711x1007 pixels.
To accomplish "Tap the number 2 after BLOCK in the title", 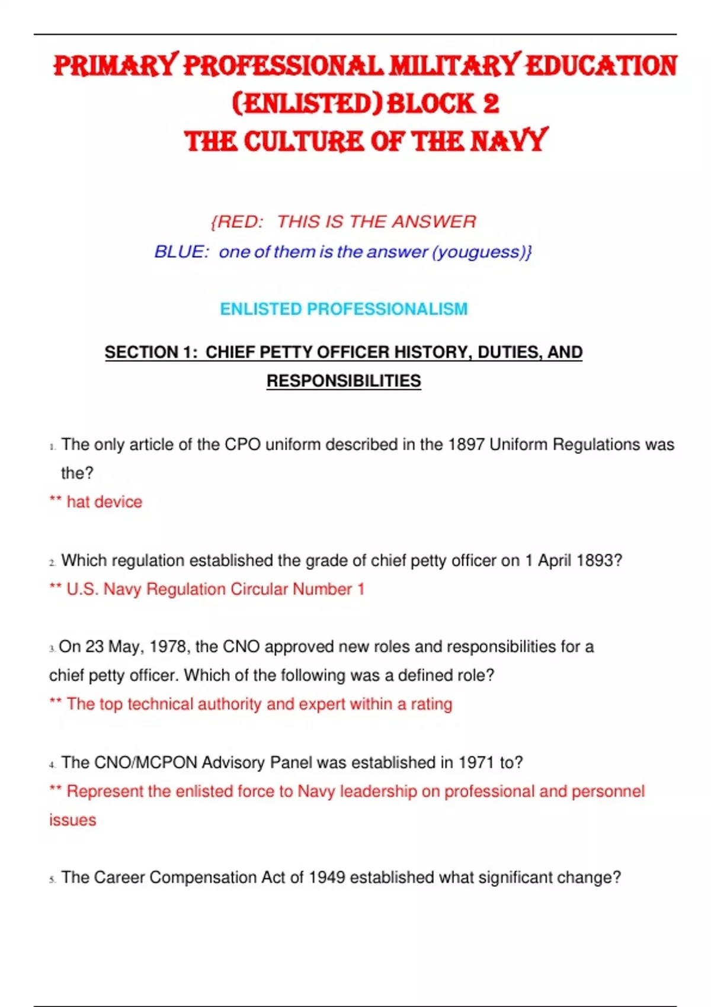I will [x=491, y=104].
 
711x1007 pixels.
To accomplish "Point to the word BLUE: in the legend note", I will [x=181, y=252].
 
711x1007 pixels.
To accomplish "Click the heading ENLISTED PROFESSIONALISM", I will [x=344, y=309].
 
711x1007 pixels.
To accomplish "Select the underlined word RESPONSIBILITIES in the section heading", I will [x=344, y=380].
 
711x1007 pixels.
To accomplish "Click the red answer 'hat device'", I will [x=104, y=502].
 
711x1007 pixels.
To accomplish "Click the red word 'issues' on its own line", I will [x=72, y=820].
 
